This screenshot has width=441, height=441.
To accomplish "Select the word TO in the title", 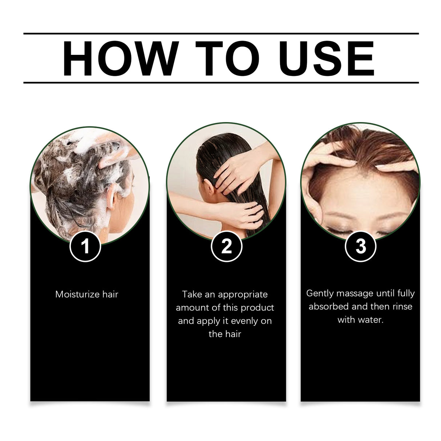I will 228,58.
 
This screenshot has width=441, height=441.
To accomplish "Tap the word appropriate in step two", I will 243,294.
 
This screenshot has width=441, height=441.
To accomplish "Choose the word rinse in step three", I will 402,307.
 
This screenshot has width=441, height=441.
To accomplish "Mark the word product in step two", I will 258,308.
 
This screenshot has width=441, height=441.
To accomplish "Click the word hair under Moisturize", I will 110,294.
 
